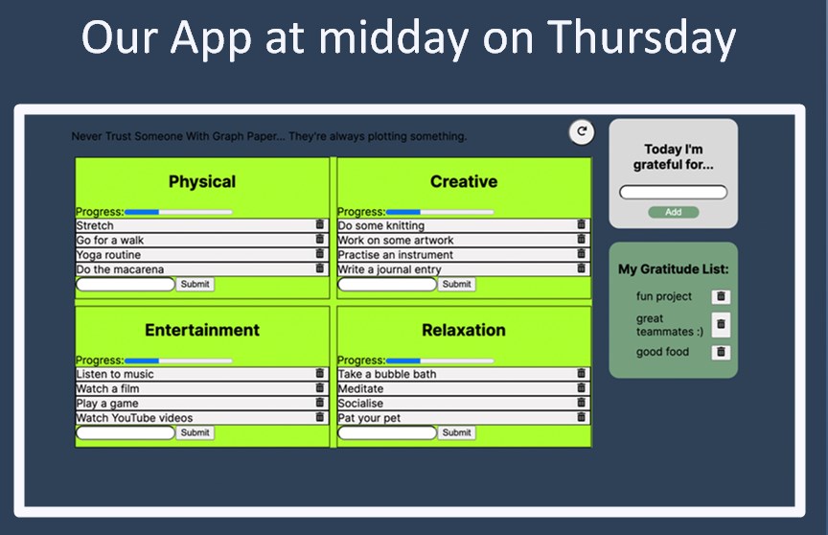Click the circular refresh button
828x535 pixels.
tap(582, 131)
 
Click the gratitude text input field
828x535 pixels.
tap(674, 193)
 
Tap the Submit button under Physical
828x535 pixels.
tap(195, 284)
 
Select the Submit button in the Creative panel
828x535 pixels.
tap(456, 284)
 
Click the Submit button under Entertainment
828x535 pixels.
tap(195, 432)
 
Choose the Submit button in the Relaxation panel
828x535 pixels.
tap(456, 432)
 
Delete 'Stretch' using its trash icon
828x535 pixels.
tap(319, 224)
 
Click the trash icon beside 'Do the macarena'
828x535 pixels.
tap(319, 268)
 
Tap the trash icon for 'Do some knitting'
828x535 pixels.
tap(581, 224)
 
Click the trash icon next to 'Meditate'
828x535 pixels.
tap(581, 387)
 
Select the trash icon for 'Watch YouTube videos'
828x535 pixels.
tap(319, 417)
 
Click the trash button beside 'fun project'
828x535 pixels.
tap(721, 296)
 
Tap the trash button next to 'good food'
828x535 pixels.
tap(721, 352)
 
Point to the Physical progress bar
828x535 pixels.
tap(178, 212)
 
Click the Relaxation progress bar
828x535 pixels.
tap(440, 361)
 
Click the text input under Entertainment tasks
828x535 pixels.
tap(126, 432)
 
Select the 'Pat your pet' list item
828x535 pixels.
tap(464, 418)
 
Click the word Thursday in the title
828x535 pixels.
tap(641, 38)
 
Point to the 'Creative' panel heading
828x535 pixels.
tap(464, 181)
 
